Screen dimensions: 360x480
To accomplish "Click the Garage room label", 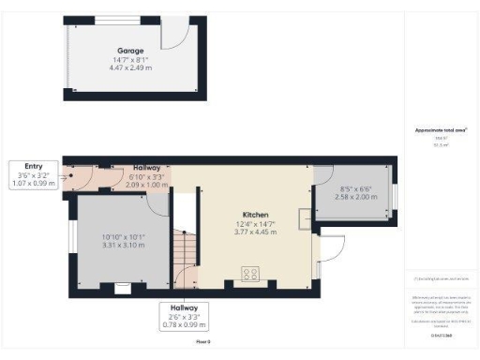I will [x=129, y=50].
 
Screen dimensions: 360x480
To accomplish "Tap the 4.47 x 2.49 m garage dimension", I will [x=129, y=67].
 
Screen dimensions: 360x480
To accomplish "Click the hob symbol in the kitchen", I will [x=252, y=274].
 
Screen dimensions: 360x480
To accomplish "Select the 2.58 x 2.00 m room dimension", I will [x=352, y=199].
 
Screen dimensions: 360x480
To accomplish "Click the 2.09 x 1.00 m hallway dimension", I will [x=146, y=185].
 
